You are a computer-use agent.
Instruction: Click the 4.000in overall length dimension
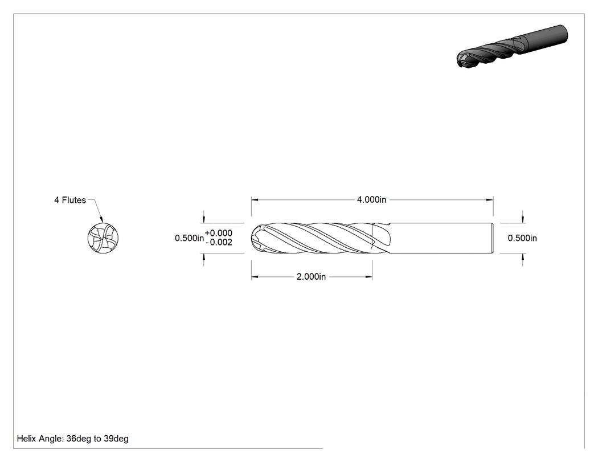pos(371,199)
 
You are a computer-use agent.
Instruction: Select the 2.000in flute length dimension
pos(311,277)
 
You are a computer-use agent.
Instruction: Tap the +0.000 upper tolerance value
pos(219,233)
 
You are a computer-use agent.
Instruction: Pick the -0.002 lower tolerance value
pos(219,242)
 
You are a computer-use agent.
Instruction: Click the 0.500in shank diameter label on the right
pos(522,238)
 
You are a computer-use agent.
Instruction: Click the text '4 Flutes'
pos(70,200)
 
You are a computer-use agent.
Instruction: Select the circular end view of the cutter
pos(103,238)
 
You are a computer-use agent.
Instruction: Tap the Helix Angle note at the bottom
pos(72,439)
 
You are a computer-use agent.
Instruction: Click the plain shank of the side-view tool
pos(440,238)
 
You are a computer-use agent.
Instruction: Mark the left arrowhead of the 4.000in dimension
pos(255,199)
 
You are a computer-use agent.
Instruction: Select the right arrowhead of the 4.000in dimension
pos(490,199)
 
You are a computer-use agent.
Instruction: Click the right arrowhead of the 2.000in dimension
pos(369,277)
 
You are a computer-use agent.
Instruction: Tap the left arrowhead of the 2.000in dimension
pos(255,277)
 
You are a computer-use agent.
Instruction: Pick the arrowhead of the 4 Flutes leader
pos(102,219)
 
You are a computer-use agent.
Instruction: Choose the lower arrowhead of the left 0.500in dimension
pos(204,257)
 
